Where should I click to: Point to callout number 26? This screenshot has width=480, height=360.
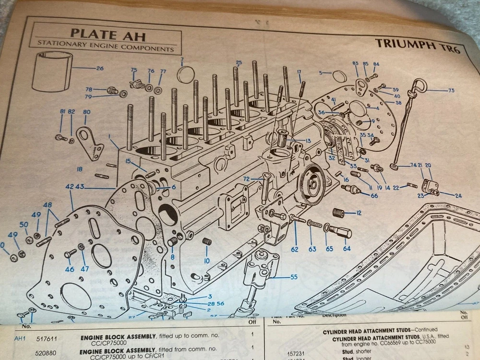[x=99, y=68]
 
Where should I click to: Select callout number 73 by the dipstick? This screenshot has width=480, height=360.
[x=451, y=90]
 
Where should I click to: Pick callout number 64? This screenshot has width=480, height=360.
[x=347, y=249]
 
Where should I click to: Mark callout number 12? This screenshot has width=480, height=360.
[x=358, y=212]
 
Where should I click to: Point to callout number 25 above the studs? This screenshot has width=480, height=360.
[x=239, y=62]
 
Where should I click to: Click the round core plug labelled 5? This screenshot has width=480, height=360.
[x=339, y=76]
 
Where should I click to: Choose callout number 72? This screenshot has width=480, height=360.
[x=246, y=179]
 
